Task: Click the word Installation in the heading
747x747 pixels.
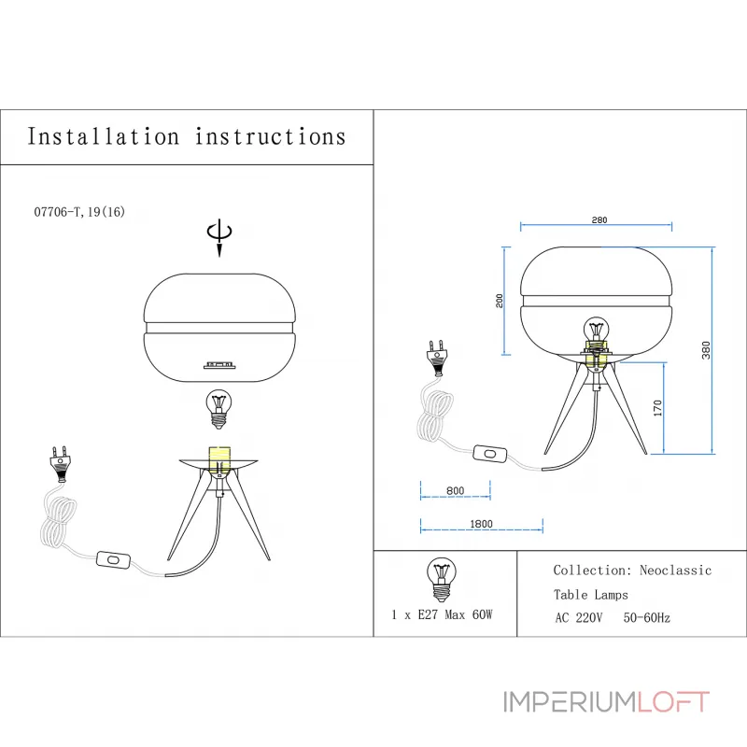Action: [x=104, y=136]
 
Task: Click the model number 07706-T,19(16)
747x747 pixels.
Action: [x=79, y=212]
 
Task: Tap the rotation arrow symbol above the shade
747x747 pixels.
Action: [x=219, y=238]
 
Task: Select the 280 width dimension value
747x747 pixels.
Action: [x=599, y=220]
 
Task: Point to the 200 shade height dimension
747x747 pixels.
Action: [x=500, y=301]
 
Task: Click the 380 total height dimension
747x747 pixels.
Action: [x=706, y=350]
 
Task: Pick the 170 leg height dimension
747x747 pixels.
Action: [x=658, y=408]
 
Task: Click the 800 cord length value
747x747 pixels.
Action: [x=456, y=491]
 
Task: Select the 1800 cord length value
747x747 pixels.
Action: [x=481, y=524]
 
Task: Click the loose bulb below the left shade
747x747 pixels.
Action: [x=218, y=409]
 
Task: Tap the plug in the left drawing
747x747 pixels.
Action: [x=60, y=463]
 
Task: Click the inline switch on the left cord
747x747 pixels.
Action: [x=113, y=559]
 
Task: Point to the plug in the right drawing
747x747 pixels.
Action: [x=437, y=358]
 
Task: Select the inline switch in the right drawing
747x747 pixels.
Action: [x=489, y=454]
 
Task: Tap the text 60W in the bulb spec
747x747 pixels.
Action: [x=482, y=614]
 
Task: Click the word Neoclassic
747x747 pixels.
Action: [x=675, y=571]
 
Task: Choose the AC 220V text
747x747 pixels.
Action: [x=579, y=618]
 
